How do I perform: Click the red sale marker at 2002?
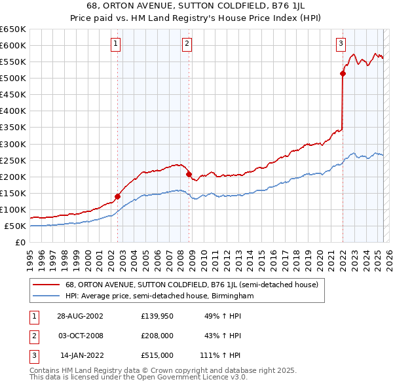pyautogui.click(x=118, y=196)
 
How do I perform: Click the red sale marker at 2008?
pyautogui.click(x=189, y=174)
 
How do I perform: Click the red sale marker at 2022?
pyautogui.click(x=343, y=73)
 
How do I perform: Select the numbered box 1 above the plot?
pyautogui.click(x=115, y=44)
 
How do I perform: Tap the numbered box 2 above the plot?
pyautogui.click(x=187, y=44)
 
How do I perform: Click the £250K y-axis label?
pyautogui.click(x=13, y=160)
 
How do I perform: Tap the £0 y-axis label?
pyautogui.click(x=20, y=243)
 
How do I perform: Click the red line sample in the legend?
pyautogui.click(x=46, y=285)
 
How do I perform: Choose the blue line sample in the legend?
pyautogui.click(x=46, y=296)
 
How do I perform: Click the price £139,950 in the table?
pyautogui.click(x=157, y=315)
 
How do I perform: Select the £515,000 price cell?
pyautogui.click(x=157, y=355)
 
